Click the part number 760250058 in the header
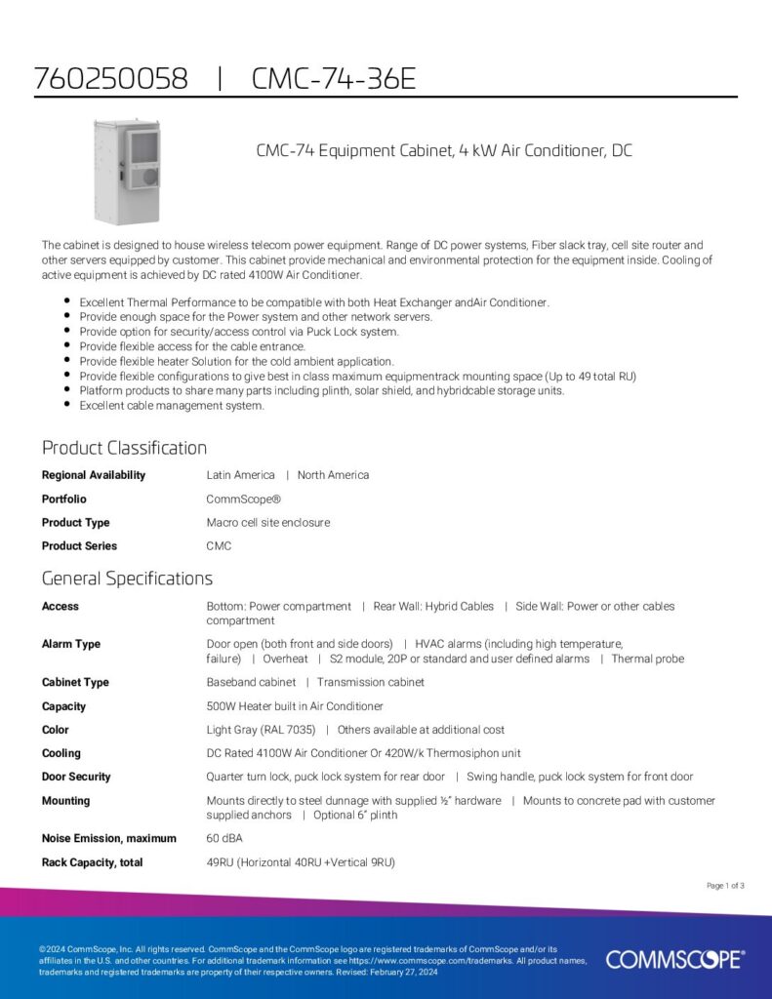point(110,79)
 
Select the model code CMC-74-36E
point(333,79)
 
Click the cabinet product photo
point(126,168)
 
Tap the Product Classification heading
point(124,448)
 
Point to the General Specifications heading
point(127,579)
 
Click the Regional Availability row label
point(94,475)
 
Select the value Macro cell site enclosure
point(268,523)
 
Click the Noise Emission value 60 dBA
point(224,838)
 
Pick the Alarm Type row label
point(71,644)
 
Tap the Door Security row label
point(76,777)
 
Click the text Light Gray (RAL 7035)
point(260,730)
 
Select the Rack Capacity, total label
point(93,862)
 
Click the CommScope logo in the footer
point(674,959)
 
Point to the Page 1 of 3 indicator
point(725,886)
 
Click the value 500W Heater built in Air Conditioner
point(295,706)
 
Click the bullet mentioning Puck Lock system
point(239,332)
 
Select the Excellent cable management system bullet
point(172,405)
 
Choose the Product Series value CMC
point(219,546)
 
